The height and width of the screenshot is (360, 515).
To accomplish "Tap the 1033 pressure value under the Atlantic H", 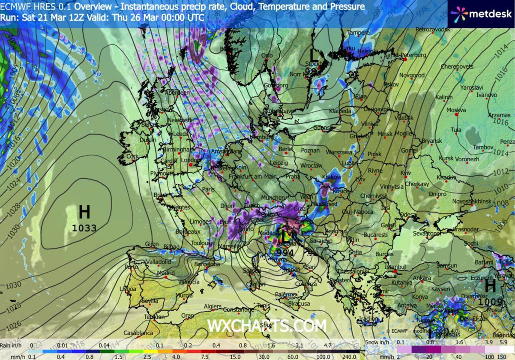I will coord(84,228).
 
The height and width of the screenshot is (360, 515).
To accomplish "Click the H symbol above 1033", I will coord(84,212).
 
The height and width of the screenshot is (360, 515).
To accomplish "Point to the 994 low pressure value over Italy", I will coord(285,253).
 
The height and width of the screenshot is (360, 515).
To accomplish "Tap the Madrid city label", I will coord(165,273).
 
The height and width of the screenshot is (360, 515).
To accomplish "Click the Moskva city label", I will coord(456,110).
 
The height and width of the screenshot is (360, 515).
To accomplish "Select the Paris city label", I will coord(208,189).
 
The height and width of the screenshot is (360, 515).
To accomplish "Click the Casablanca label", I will coord(138,333).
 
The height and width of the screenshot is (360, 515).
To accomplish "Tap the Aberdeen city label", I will coord(178,93).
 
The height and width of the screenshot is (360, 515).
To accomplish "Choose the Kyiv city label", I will coord(405,172).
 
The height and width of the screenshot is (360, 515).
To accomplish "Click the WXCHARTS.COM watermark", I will coord(267,326).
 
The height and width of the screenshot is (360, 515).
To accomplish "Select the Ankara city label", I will coord(422,278).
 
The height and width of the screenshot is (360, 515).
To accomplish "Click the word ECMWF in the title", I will coord(14,6).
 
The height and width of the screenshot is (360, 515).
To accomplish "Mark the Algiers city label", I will coord(213,306).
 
